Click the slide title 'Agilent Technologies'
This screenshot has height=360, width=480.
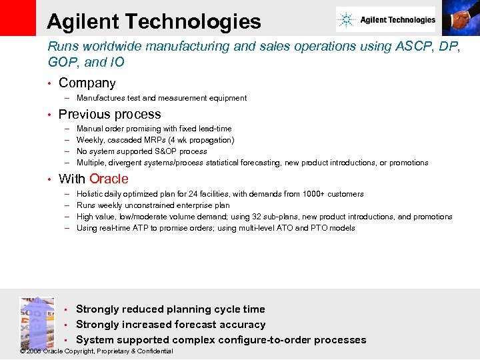click(154, 21)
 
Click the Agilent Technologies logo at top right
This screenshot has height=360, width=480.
click(386, 20)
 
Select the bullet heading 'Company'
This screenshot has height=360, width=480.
click(87, 83)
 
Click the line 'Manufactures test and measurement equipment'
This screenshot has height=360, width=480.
click(161, 98)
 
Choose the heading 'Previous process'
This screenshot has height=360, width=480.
click(109, 114)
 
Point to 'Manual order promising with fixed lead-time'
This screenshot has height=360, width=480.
click(154, 129)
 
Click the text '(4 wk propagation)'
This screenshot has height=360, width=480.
click(202, 140)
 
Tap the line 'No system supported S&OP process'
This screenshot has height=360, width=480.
click(141, 151)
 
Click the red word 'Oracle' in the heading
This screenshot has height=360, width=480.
click(109, 179)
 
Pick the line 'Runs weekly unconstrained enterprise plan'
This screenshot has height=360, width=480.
click(153, 205)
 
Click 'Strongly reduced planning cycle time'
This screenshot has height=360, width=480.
click(170, 309)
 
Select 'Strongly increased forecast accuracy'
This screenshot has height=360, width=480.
click(171, 325)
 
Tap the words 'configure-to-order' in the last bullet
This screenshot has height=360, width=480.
click(271, 340)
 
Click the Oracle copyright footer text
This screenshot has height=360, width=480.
click(97, 351)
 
